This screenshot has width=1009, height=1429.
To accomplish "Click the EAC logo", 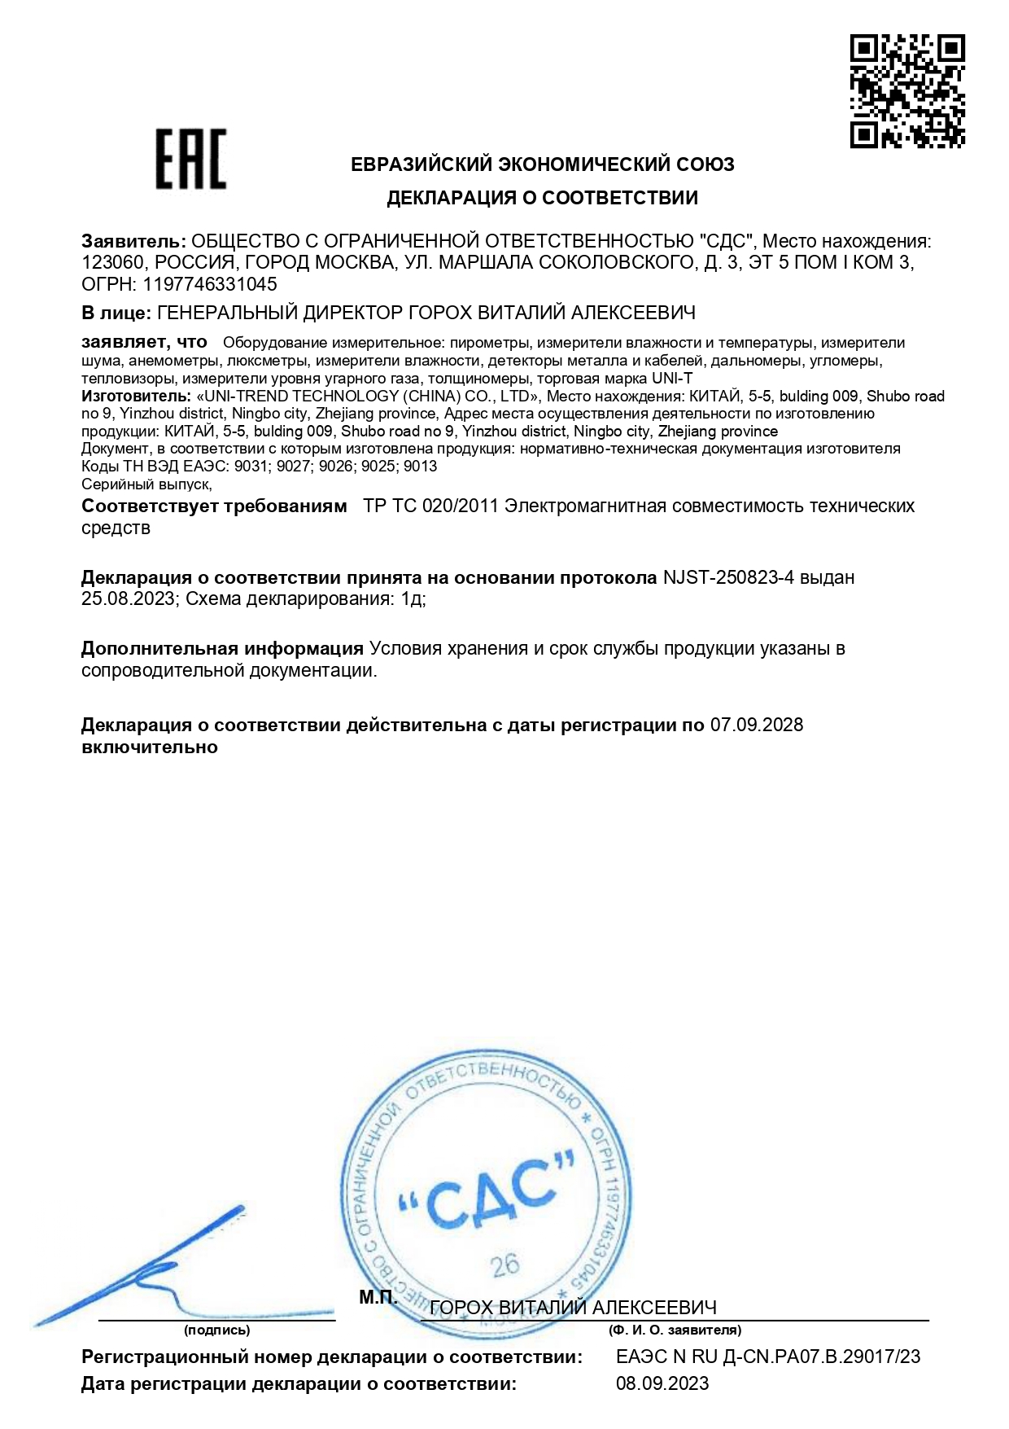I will [191, 160].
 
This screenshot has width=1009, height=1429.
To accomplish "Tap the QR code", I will [907, 91].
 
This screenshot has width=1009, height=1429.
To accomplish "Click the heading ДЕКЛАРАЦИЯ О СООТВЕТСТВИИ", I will [542, 198].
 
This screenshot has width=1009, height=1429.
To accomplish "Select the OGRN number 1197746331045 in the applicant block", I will [210, 284].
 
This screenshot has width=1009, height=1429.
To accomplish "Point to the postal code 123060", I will [114, 262].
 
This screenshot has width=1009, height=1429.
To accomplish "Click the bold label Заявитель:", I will [133, 241].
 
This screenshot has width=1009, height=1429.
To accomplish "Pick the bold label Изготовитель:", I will [136, 397].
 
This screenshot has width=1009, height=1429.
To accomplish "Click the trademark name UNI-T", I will [672, 379].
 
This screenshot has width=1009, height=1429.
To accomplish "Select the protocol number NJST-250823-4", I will [728, 577].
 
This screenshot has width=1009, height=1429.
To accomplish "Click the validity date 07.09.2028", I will [757, 725].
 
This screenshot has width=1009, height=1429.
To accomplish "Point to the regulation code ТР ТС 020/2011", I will [430, 506].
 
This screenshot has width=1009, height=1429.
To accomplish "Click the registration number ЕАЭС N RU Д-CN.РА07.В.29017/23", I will [768, 1357].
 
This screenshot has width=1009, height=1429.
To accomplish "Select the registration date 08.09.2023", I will [662, 1383].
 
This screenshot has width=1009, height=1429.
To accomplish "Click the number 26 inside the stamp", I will [505, 1265].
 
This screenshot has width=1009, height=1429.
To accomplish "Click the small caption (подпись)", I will [216, 1330].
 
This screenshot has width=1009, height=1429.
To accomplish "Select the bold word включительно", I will [150, 747].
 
